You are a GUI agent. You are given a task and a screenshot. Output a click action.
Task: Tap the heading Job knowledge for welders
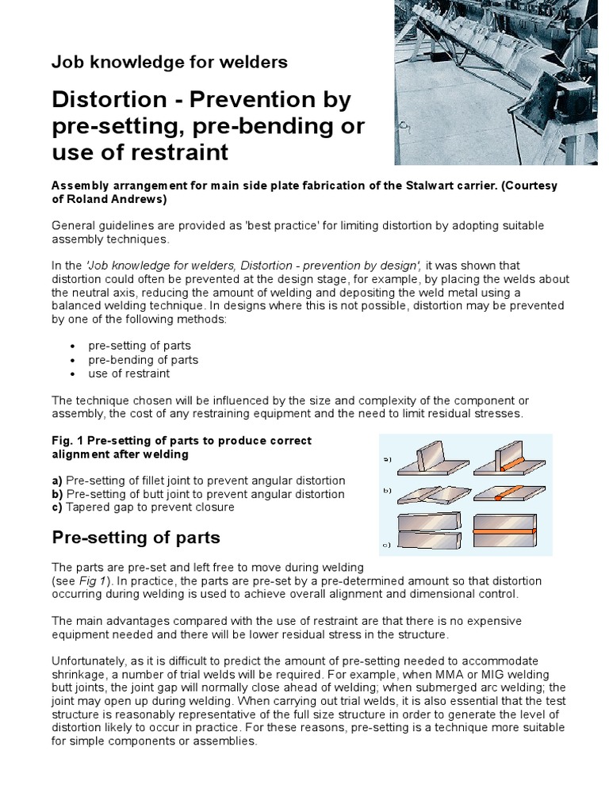click(169, 62)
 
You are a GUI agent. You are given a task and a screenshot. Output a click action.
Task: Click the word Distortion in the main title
click(105, 100)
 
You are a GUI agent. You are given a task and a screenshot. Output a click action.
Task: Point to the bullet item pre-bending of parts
click(143, 359)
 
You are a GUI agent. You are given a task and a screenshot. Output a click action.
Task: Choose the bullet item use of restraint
click(128, 373)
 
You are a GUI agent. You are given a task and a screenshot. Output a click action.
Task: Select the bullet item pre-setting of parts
click(139, 346)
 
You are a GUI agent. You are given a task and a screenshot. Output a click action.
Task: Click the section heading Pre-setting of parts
click(136, 538)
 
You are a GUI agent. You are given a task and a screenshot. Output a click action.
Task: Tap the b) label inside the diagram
click(387, 491)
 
